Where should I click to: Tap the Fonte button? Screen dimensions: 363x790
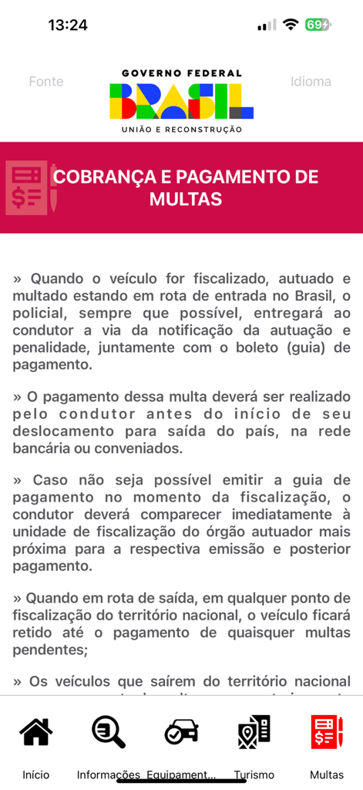46,82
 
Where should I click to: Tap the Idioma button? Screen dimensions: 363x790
311,82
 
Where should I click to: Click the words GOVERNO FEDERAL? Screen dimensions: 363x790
182,73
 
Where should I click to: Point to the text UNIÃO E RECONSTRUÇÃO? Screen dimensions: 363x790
182,130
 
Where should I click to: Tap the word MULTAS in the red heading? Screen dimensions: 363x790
186,200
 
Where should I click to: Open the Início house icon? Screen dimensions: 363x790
36,732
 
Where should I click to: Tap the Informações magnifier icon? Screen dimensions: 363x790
109,732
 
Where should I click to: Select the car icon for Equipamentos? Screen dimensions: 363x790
182,732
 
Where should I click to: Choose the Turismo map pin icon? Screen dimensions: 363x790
254,732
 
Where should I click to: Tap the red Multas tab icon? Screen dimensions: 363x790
327,732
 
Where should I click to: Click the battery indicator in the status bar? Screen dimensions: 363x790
317,25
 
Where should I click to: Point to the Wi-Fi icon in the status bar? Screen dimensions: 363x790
290,25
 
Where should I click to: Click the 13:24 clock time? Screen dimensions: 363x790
68,25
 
